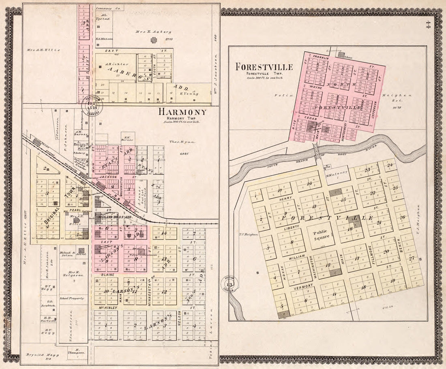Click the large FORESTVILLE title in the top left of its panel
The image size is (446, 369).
click(264, 67)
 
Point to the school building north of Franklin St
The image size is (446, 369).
click(341, 54)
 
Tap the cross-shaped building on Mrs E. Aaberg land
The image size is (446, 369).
click(154, 40)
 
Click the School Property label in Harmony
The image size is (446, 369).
click(72, 299)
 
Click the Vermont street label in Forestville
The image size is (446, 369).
click(306, 287)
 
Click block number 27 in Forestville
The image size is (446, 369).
click(412, 259)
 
